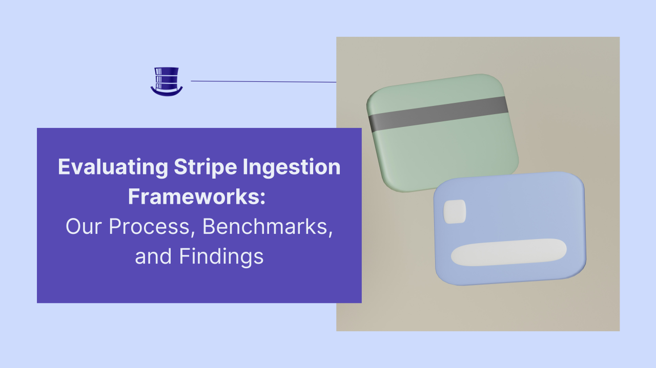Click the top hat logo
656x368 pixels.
(167, 81)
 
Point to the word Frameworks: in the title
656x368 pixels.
(197, 197)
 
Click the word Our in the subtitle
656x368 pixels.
(81, 226)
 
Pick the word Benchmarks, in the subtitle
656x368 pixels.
(268, 227)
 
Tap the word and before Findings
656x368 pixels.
(153, 256)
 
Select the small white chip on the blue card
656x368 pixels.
(455, 211)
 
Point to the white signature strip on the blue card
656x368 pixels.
(508, 252)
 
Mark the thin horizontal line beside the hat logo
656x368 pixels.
(263, 81)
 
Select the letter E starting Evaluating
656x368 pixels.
(64, 167)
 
